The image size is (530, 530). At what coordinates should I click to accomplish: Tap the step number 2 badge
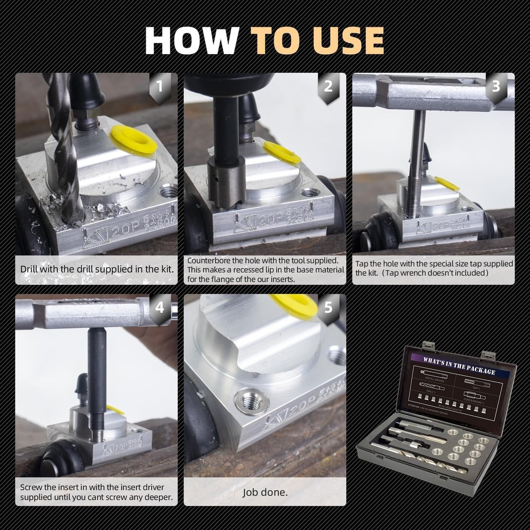click(x=328, y=85)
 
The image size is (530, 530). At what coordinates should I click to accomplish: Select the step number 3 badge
click(x=496, y=85)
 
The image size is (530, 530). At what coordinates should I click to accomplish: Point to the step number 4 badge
click(x=160, y=307)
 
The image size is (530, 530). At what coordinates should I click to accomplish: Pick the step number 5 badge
click(x=328, y=307)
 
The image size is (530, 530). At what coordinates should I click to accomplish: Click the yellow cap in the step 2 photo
click(x=281, y=152)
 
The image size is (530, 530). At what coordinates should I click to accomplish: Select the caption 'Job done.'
click(x=265, y=492)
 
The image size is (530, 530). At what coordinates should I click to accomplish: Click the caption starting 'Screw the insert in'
click(x=96, y=492)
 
